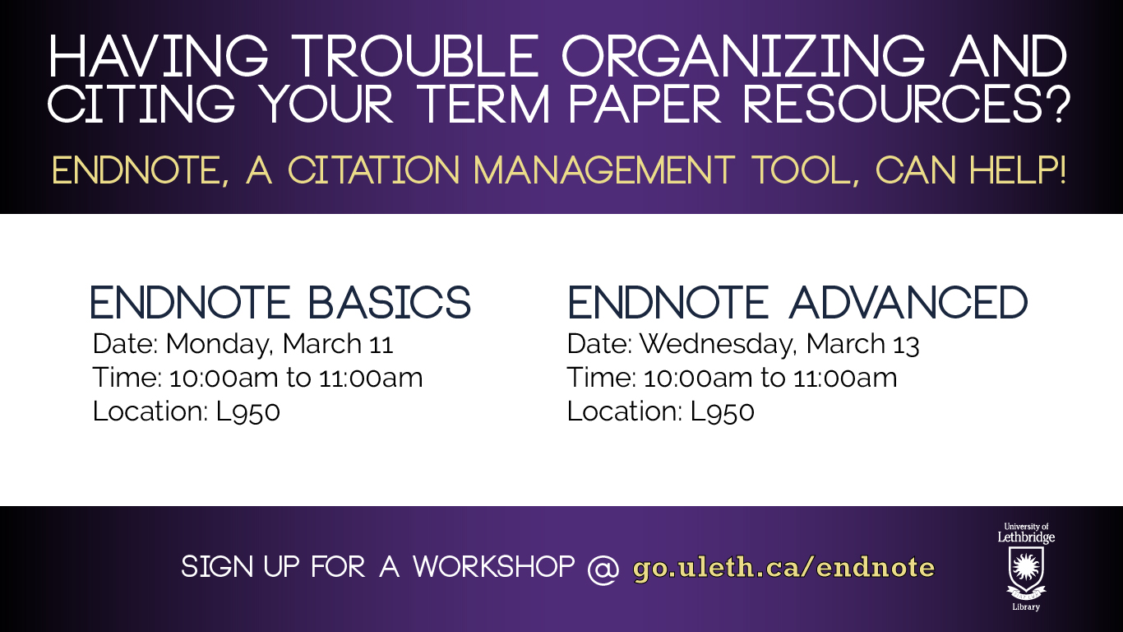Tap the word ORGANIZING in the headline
pyautogui.click(x=743, y=57)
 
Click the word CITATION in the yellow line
pyautogui.click(x=374, y=170)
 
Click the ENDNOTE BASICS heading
pyautogui.click(x=280, y=302)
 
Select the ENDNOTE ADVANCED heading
pyautogui.click(x=797, y=302)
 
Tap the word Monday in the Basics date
pyautogui.click(x=219, y=345)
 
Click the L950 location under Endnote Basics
pyautogui.click(x=248, y=411)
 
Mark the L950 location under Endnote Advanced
pyautogui.click(x=723, y=411)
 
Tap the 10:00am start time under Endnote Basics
pyautogui.click(x=224, y=378)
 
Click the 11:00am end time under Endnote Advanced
pyautogui.click(x=846, y=378)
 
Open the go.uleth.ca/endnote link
pyautogui.click(x=783, y=567)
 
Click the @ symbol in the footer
pyautogui.click(x=603, y=569)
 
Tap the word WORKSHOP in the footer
pyautogui.click(x=494, y=567)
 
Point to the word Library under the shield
pyautogui.click(x=1026, y=607)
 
